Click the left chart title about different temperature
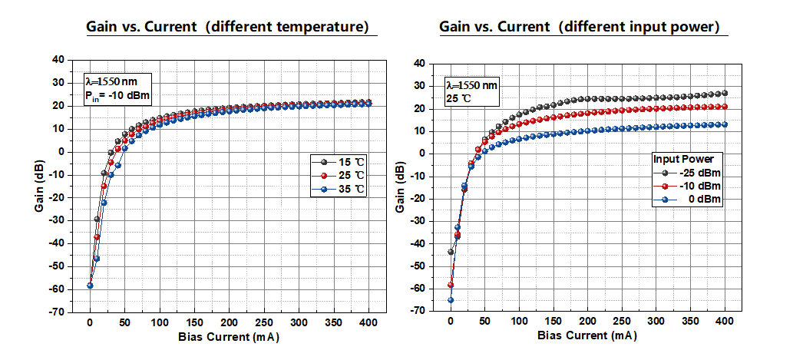point(233,27)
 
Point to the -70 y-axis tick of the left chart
point(57,312)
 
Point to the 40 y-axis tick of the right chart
point(418,64)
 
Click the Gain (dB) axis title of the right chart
point(401,188)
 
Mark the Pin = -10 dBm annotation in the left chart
point(118,95)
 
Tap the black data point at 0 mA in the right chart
point(451,252)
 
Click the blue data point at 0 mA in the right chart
point(451,300)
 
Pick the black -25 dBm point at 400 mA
point(724,93)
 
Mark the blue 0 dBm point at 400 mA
point(724,124)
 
